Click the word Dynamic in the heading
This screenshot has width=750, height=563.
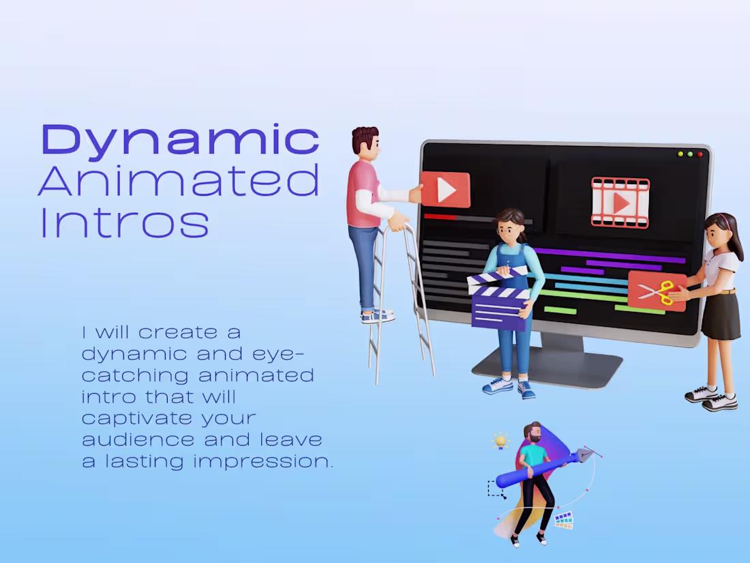point(180,141)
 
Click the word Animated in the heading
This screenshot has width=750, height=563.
point(179,180)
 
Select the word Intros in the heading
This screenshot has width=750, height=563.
point(124,222)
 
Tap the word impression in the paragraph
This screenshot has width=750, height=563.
point(263,461)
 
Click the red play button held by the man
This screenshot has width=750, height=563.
point(445,190)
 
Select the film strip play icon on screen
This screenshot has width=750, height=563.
point(620,202)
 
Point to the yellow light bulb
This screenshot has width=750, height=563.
point(501,440)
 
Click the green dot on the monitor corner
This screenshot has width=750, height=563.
point(690,154)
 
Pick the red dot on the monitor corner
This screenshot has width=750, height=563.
point(700,155)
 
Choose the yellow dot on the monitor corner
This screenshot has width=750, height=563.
point(680,154)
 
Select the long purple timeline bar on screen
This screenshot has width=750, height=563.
point(610,255)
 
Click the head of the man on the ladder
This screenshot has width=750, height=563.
point(366,141)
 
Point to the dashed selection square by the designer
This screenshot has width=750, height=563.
point(496,489)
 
